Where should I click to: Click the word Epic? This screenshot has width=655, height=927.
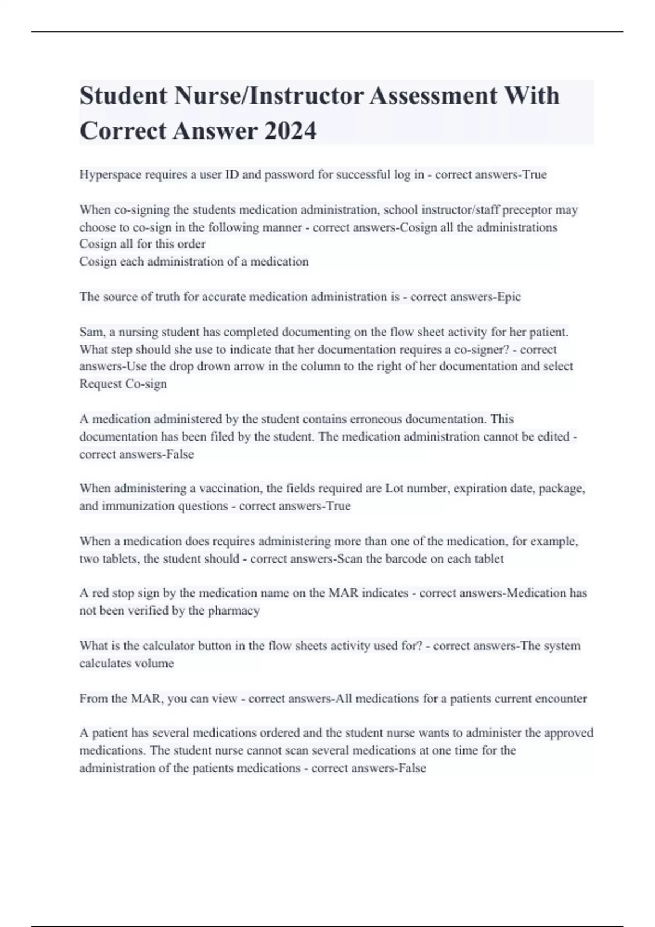[x=509, y=297]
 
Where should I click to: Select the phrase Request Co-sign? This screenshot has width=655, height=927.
[x=123, y=384]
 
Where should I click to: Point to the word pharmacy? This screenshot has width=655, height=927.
[x=234, y=611]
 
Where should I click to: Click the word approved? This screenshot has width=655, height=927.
[x=566, y=733]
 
